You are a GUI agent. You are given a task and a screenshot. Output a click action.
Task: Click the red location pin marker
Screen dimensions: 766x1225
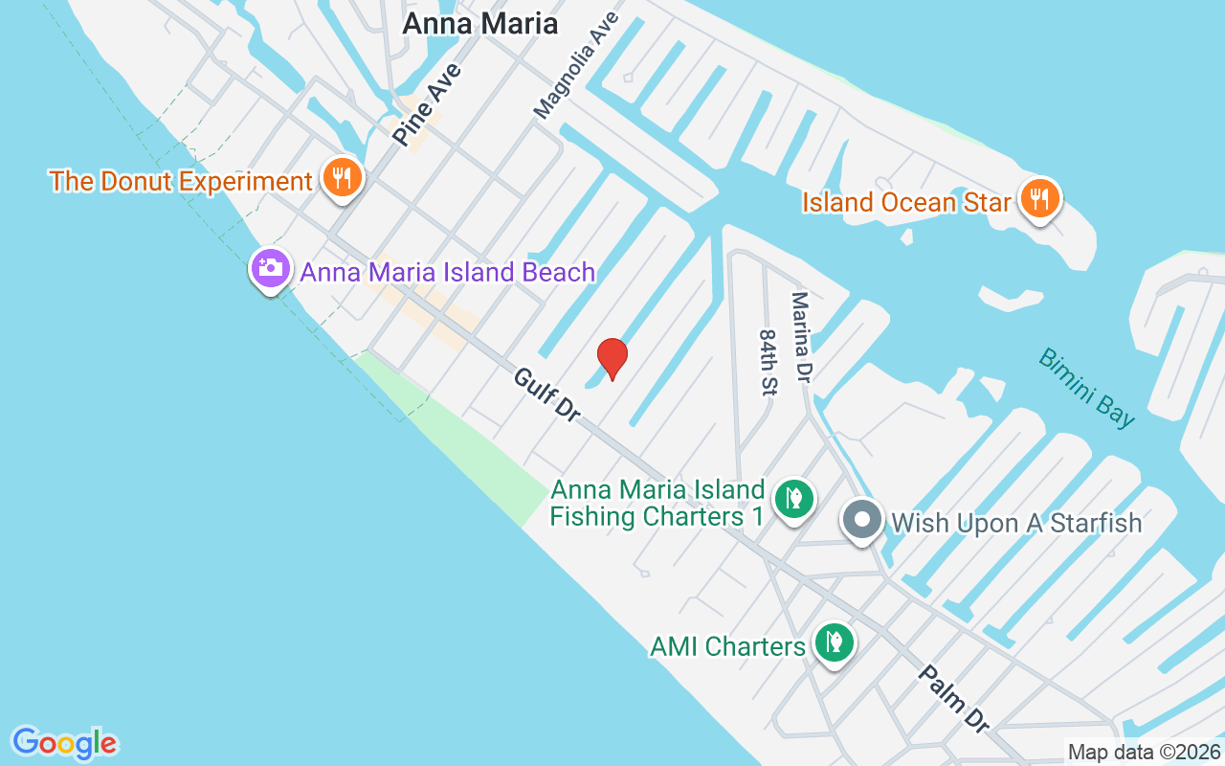coord(612,358)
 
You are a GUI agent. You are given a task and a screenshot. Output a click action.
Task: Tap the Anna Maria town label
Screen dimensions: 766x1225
coord(479,24)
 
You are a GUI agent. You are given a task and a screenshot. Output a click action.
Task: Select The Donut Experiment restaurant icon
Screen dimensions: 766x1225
coord(341,177)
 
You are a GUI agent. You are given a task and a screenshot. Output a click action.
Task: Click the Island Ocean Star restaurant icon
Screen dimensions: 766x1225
coord(1038,199)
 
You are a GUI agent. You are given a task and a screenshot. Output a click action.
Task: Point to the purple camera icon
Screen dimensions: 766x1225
coord(271,267)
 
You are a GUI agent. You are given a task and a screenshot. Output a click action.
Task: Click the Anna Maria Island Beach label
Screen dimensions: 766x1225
coord(448,272)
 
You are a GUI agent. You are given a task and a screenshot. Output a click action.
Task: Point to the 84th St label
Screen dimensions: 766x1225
coord(769,362)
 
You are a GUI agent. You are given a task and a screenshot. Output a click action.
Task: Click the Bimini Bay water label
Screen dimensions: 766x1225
coord(1087,387)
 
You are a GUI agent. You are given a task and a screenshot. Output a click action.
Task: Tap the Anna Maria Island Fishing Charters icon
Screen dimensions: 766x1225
coord(793,498)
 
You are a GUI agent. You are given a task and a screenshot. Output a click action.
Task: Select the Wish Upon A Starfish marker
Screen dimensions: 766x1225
coord(861,521)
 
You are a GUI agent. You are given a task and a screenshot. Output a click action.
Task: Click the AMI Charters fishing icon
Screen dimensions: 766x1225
coord(834,642)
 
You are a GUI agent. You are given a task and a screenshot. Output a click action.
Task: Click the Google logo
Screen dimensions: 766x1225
coord(65,742)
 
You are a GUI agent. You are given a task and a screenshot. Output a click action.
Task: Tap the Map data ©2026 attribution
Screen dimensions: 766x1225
coord(1145,753)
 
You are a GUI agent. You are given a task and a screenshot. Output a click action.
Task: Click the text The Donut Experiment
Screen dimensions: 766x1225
coord(181,181)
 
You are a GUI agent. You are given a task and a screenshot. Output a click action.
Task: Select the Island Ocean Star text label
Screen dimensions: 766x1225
coord(906,202)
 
